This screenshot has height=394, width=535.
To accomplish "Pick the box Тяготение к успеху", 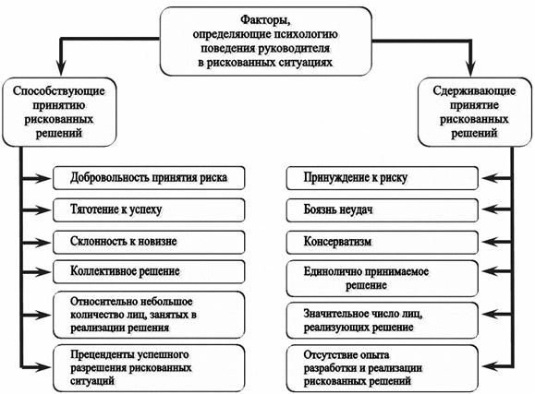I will pyautogui.click(x=149, y=209).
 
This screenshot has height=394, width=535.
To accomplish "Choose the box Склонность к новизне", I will pyautogui.click(x=149, y=241).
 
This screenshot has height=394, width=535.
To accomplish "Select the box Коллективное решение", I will pyautogui.click(x=149, y=272).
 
